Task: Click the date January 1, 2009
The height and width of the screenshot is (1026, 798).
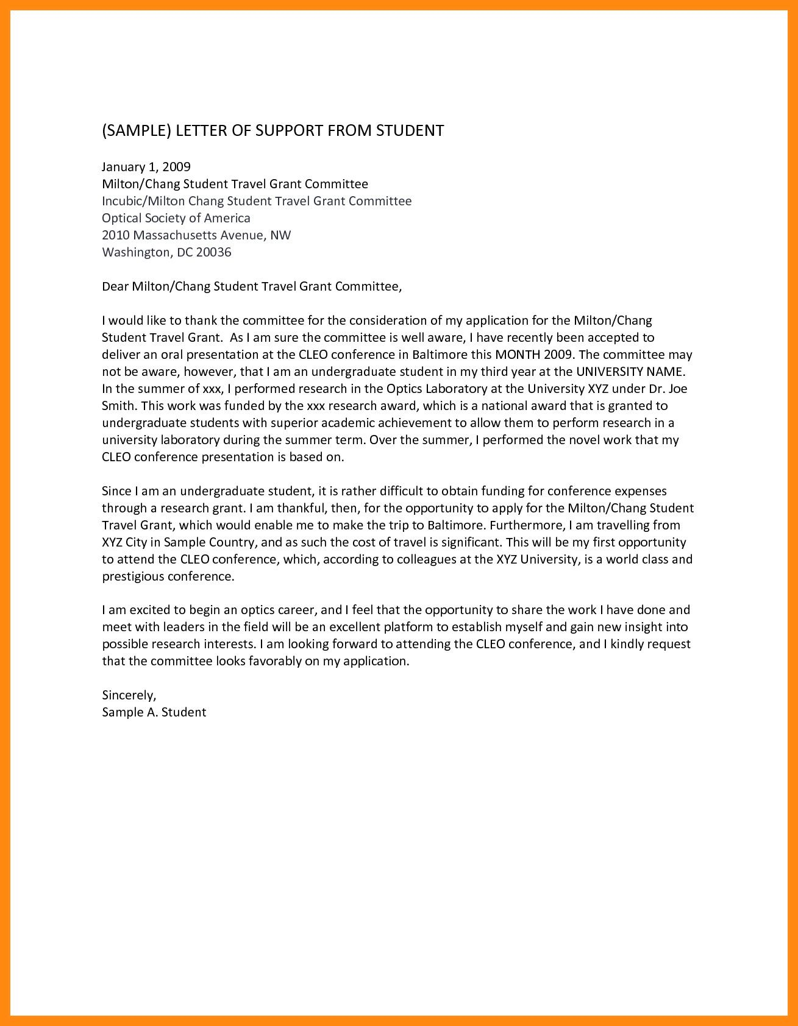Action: pyautogui.click(x=146, y=166)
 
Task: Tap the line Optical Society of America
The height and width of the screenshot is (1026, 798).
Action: pyautogui.click(x=176, y=218)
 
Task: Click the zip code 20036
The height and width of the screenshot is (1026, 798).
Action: pyautogui.click(x=213, y=252)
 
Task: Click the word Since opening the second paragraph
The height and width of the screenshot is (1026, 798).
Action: pyautogui.click(x=116, y=491)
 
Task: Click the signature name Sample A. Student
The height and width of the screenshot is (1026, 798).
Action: pyautogui.click(x=154, y=712)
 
